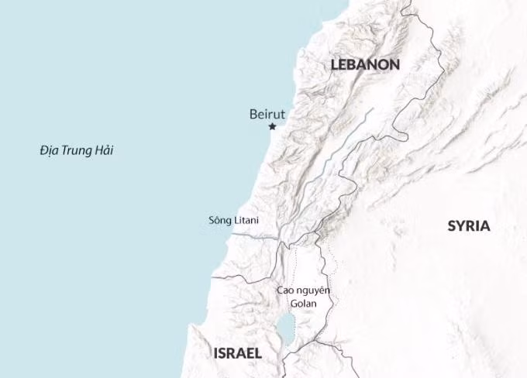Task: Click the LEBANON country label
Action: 365,65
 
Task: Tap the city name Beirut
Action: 267,114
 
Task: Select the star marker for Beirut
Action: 272,126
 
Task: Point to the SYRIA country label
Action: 469,226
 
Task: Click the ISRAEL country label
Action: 237,353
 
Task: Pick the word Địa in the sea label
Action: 49,150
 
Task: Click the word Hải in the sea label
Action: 104,150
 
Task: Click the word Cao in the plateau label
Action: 285,290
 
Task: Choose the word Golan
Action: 303,304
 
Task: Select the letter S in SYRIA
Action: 452,226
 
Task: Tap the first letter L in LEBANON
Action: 335,65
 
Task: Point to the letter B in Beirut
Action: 253,114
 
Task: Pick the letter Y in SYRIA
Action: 460,226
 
